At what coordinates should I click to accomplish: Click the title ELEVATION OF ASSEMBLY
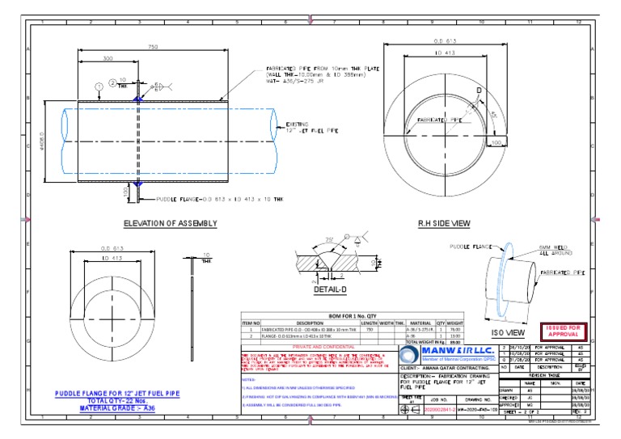coord(171,222)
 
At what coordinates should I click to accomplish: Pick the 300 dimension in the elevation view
coord(108,59)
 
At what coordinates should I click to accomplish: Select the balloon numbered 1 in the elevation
coord(98,85)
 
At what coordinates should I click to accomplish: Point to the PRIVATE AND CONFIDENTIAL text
coord(319,348)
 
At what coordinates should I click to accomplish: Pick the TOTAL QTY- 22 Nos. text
coord(116,401)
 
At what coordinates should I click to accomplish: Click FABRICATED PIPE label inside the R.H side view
coord(439,120)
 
